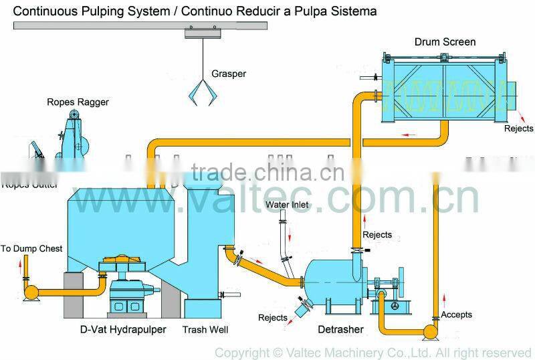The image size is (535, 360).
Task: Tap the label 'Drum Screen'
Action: (x=445, y=42)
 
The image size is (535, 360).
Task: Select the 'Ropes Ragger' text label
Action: (x=78, y=102)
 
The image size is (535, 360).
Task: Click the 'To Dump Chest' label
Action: (x=31, y=248)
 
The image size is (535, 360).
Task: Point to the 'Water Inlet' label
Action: (x=286, y=203)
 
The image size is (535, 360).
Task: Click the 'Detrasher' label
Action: (x=341, y=329)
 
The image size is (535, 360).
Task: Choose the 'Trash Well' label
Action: (x=206, y=329)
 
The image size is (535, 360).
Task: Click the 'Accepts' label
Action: (x=457, y=314)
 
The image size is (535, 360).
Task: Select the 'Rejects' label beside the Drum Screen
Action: (x=518, y=128)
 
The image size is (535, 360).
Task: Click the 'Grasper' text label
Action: (x=229, y=74)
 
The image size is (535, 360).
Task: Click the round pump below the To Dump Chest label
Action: (x=31, y=292)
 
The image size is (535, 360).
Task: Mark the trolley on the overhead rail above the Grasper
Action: (x=199, y=32)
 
